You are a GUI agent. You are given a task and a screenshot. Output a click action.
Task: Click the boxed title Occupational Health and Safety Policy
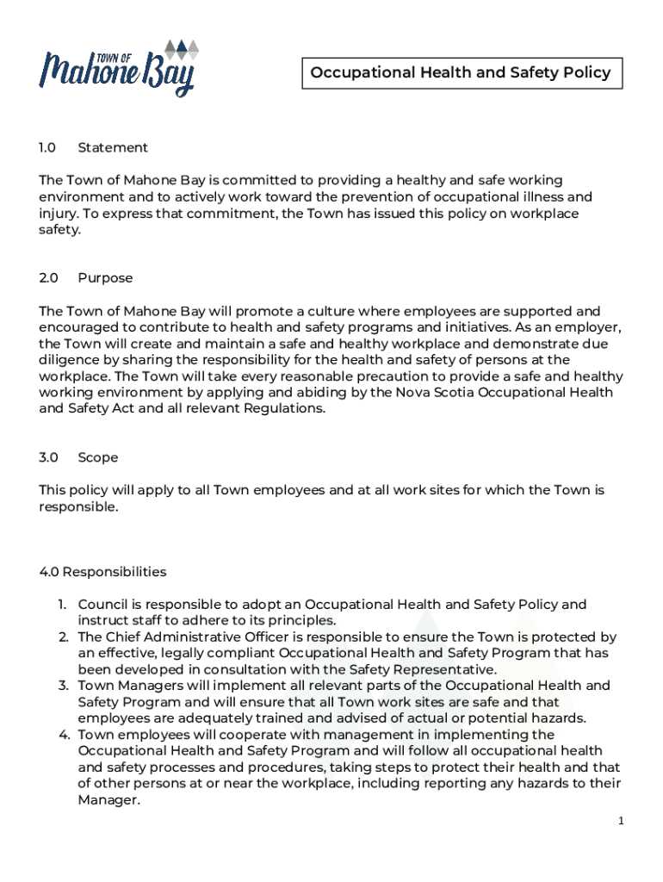coord(461,72)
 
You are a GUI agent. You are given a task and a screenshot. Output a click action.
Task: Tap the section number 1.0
coord(47,147)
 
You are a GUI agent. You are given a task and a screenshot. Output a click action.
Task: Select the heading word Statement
coord(113,147)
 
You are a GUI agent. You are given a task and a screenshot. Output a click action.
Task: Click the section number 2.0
coord(47,278)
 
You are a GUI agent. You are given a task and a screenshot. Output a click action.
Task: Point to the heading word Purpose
coord(105,278)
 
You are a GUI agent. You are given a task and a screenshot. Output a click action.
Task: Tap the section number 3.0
coord(47,457)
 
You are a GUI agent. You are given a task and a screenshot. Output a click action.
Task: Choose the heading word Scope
coord(98,457)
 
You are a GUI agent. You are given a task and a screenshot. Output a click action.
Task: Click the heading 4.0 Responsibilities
coord(102,572)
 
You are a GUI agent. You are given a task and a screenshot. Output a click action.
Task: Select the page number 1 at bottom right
coord(620,822)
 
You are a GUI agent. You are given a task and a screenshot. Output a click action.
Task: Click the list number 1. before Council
coord(63,605)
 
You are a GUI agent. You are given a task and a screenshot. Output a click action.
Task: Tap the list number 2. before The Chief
coord(63,637)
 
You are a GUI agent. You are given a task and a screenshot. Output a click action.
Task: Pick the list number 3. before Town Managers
coord(63,686)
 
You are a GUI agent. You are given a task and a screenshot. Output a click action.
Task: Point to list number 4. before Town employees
coord(63,735)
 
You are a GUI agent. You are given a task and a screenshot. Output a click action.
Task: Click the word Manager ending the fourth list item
coord(107,800)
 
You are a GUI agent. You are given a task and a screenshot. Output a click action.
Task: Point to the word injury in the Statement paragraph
coord(56,214)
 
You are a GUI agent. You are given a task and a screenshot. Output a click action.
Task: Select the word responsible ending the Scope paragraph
coord(77,506)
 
